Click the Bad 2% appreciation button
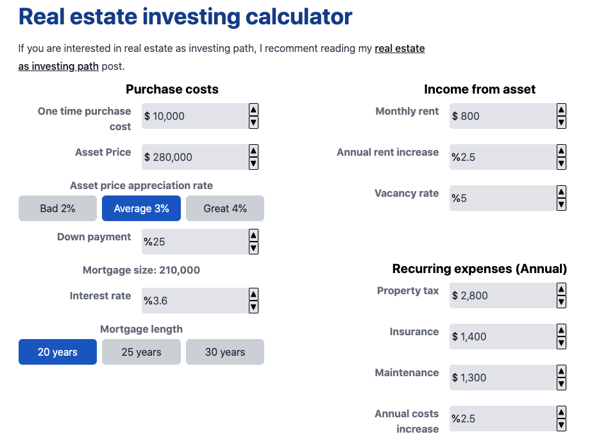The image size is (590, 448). (x=58, y=208)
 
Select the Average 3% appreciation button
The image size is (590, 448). (x=141, y=208)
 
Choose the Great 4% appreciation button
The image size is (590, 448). (x=225, y=208)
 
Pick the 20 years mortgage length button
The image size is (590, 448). (x=58, y=352)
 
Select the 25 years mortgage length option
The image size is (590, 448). (x=141, y=352)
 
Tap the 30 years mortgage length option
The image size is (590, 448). (x=225, y=352)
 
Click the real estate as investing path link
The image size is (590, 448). (x=399, y=49)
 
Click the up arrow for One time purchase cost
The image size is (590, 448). (x=253, y=110)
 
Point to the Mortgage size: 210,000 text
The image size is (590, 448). (x=141, y=270)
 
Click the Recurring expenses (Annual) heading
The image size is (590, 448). (x=479, y=269)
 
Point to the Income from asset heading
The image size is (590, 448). (x=479, y=89)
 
